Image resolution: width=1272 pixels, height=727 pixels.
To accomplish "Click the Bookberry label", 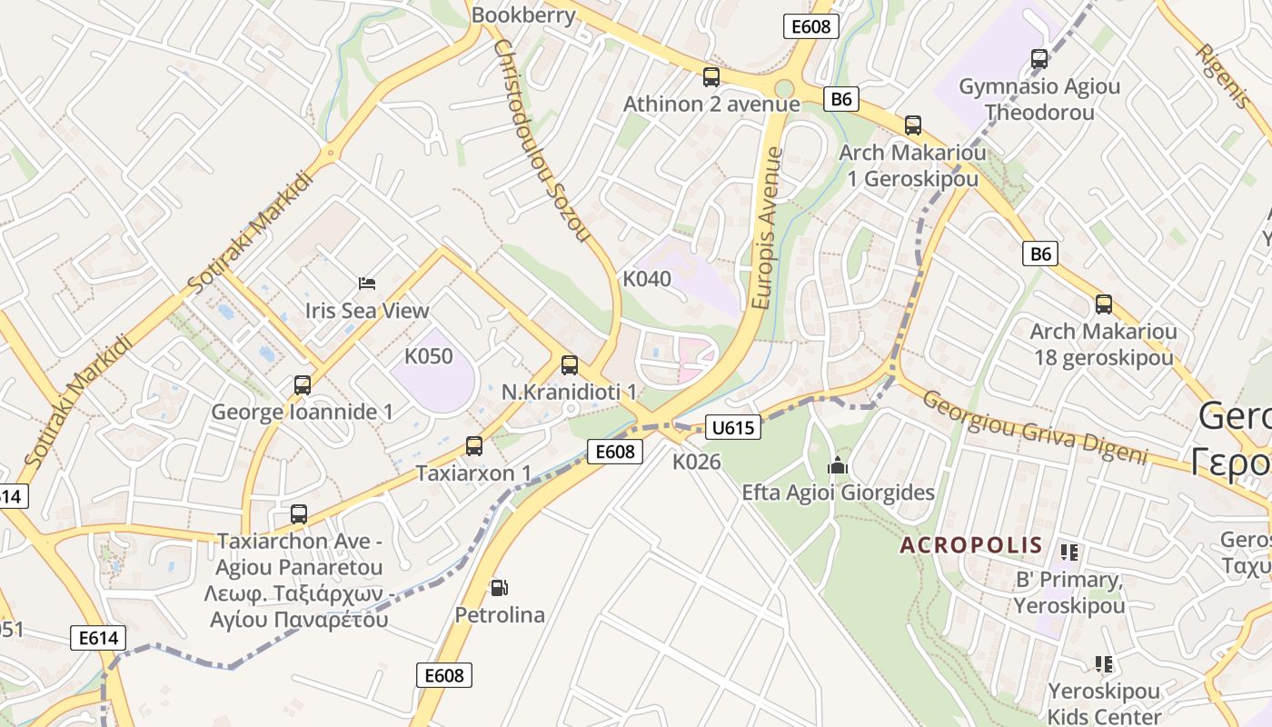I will pos(523,15).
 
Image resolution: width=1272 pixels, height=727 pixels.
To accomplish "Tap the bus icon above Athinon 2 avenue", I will pos(711,77).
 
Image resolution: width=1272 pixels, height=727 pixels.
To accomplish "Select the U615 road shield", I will pos(732,427).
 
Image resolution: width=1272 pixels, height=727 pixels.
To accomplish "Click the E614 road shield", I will pos(97,638).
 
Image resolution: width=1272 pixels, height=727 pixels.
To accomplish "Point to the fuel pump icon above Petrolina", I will pos(498,588).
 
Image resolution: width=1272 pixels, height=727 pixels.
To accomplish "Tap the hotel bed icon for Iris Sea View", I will pos(366,284).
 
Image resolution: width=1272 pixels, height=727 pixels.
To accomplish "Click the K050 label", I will pos(428,356).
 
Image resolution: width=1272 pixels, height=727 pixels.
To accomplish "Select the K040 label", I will pos(647,279).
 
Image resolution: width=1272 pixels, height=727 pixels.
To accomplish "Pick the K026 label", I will pos(696,462).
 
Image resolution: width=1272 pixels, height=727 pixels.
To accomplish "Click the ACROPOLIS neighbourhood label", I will pos(970,545).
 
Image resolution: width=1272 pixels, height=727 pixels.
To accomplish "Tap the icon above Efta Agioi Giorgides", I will pos(837,466).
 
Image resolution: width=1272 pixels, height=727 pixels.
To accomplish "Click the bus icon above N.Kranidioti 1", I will pos(570,365).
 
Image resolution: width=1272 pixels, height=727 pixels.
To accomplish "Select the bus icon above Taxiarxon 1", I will pos(473,446).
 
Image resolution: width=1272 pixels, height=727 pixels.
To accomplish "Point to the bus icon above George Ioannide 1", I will pos(303,385).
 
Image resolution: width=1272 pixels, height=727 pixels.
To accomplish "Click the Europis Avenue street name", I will pos(768,227).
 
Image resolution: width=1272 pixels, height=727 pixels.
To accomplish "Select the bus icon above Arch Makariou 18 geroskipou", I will pos(1103,304).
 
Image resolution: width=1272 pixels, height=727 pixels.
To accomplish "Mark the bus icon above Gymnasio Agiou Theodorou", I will pos(1039,59).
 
